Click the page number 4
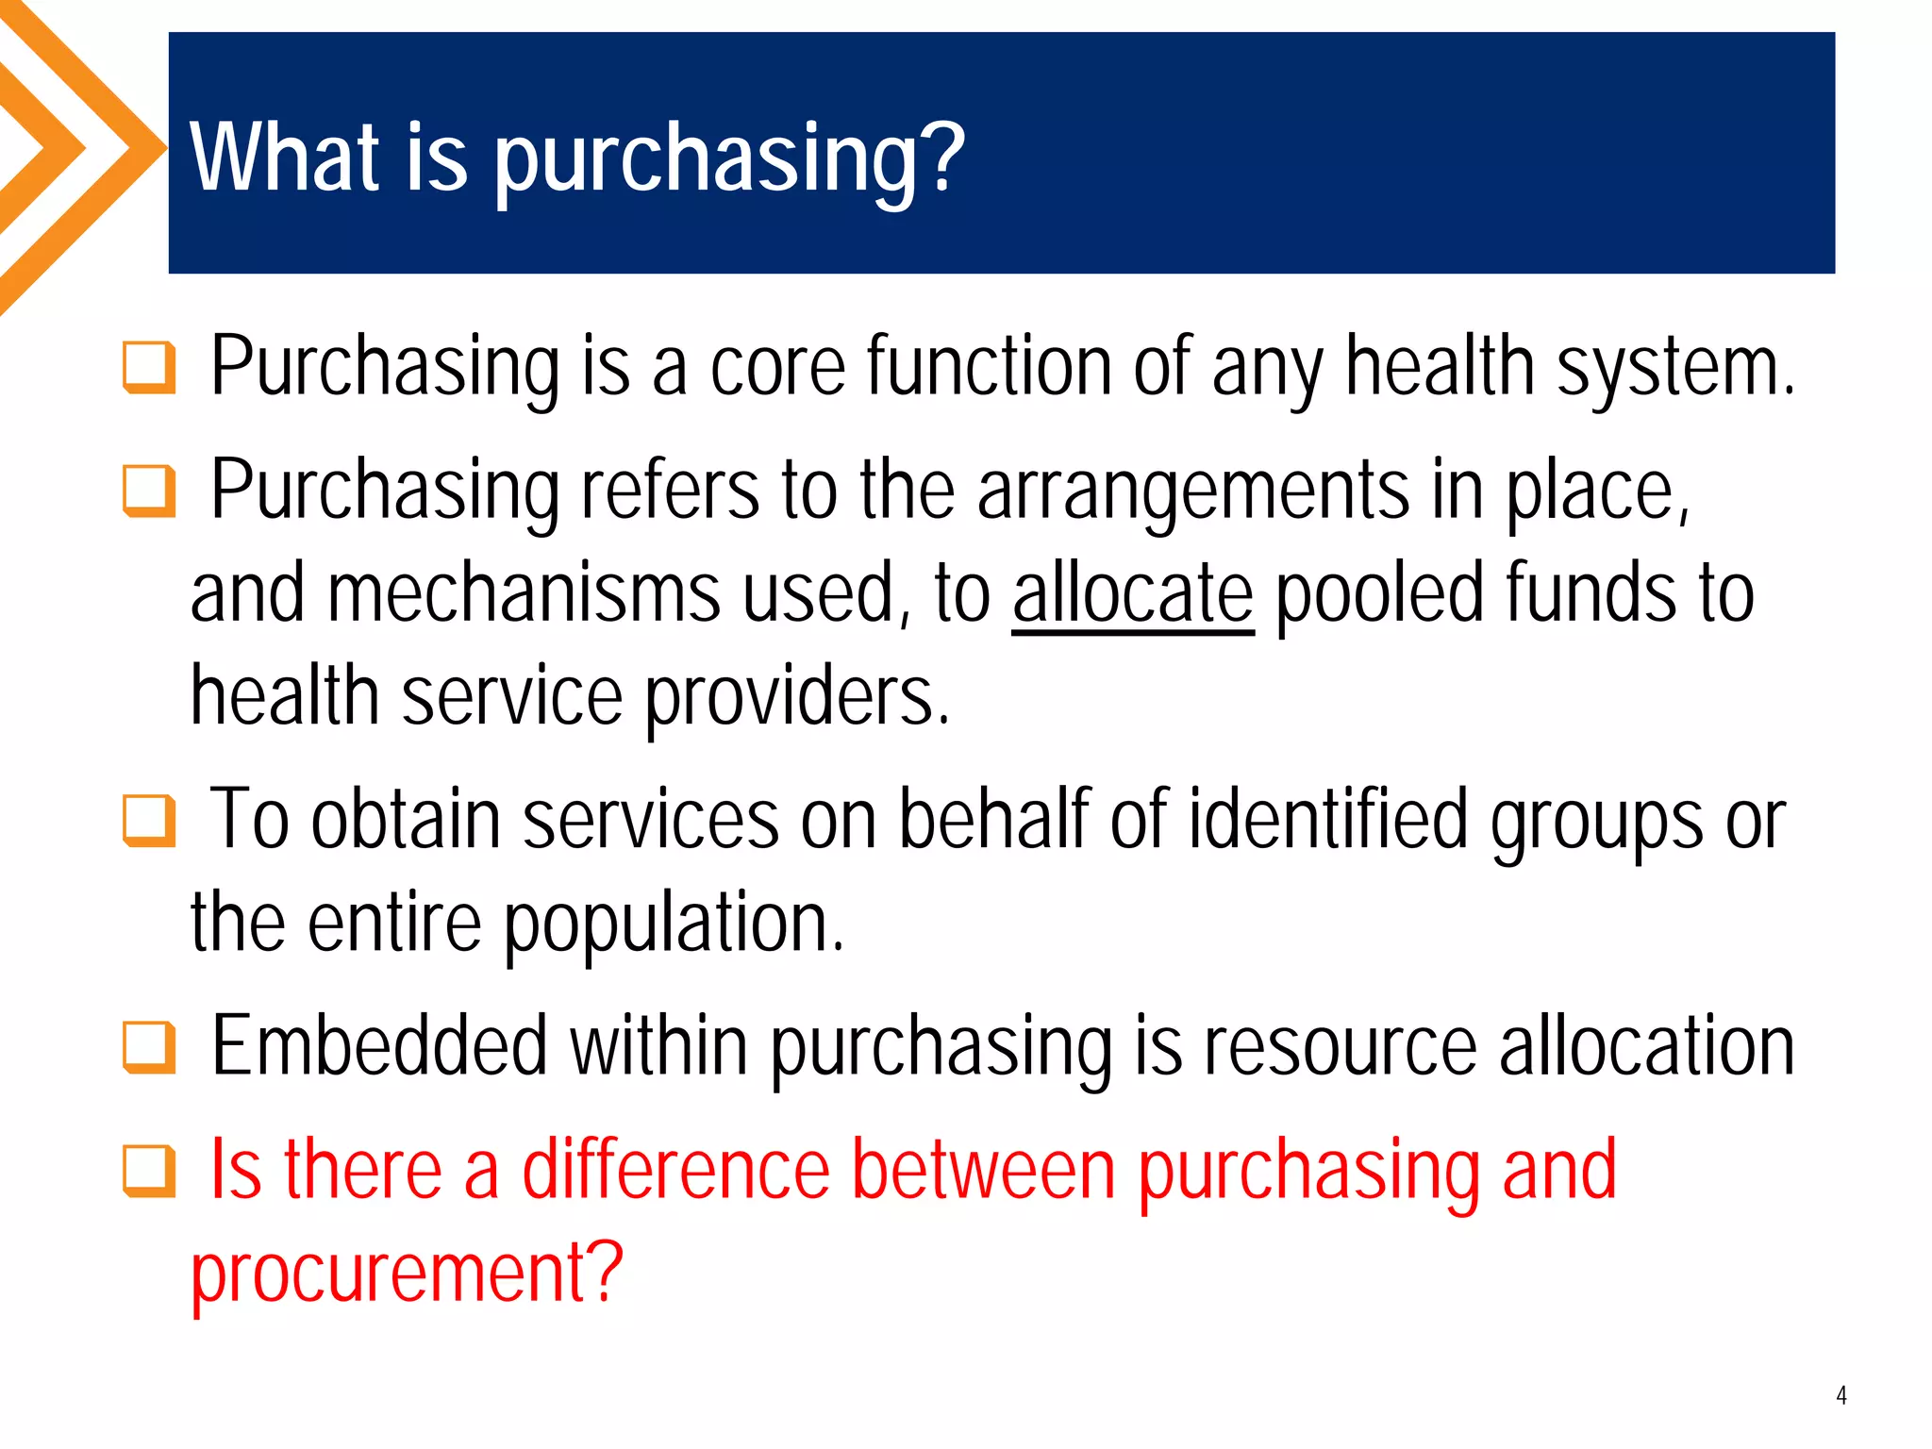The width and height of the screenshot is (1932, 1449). coord(1840,1395)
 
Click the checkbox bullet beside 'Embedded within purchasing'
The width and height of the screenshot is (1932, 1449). coord(149,1047)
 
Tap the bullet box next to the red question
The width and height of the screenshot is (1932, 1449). coord(149,1171)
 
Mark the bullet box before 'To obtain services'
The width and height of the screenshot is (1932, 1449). coord(149,820)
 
